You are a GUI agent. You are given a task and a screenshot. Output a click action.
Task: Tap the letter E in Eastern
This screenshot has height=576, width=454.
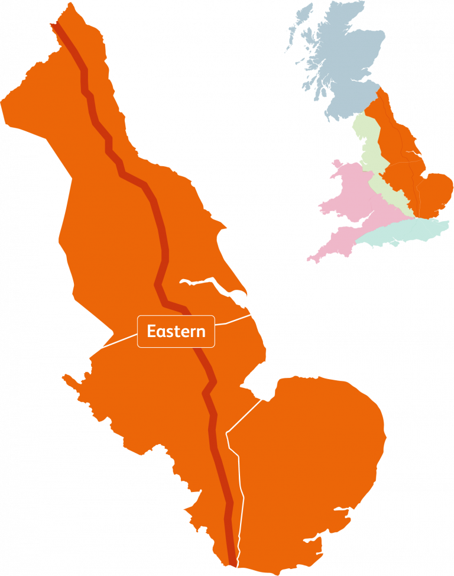point(151,331)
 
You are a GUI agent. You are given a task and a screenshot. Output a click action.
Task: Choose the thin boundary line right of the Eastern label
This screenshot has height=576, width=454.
point(234,321)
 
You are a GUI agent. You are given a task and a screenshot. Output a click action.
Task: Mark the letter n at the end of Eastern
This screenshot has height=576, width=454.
point(201,331)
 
